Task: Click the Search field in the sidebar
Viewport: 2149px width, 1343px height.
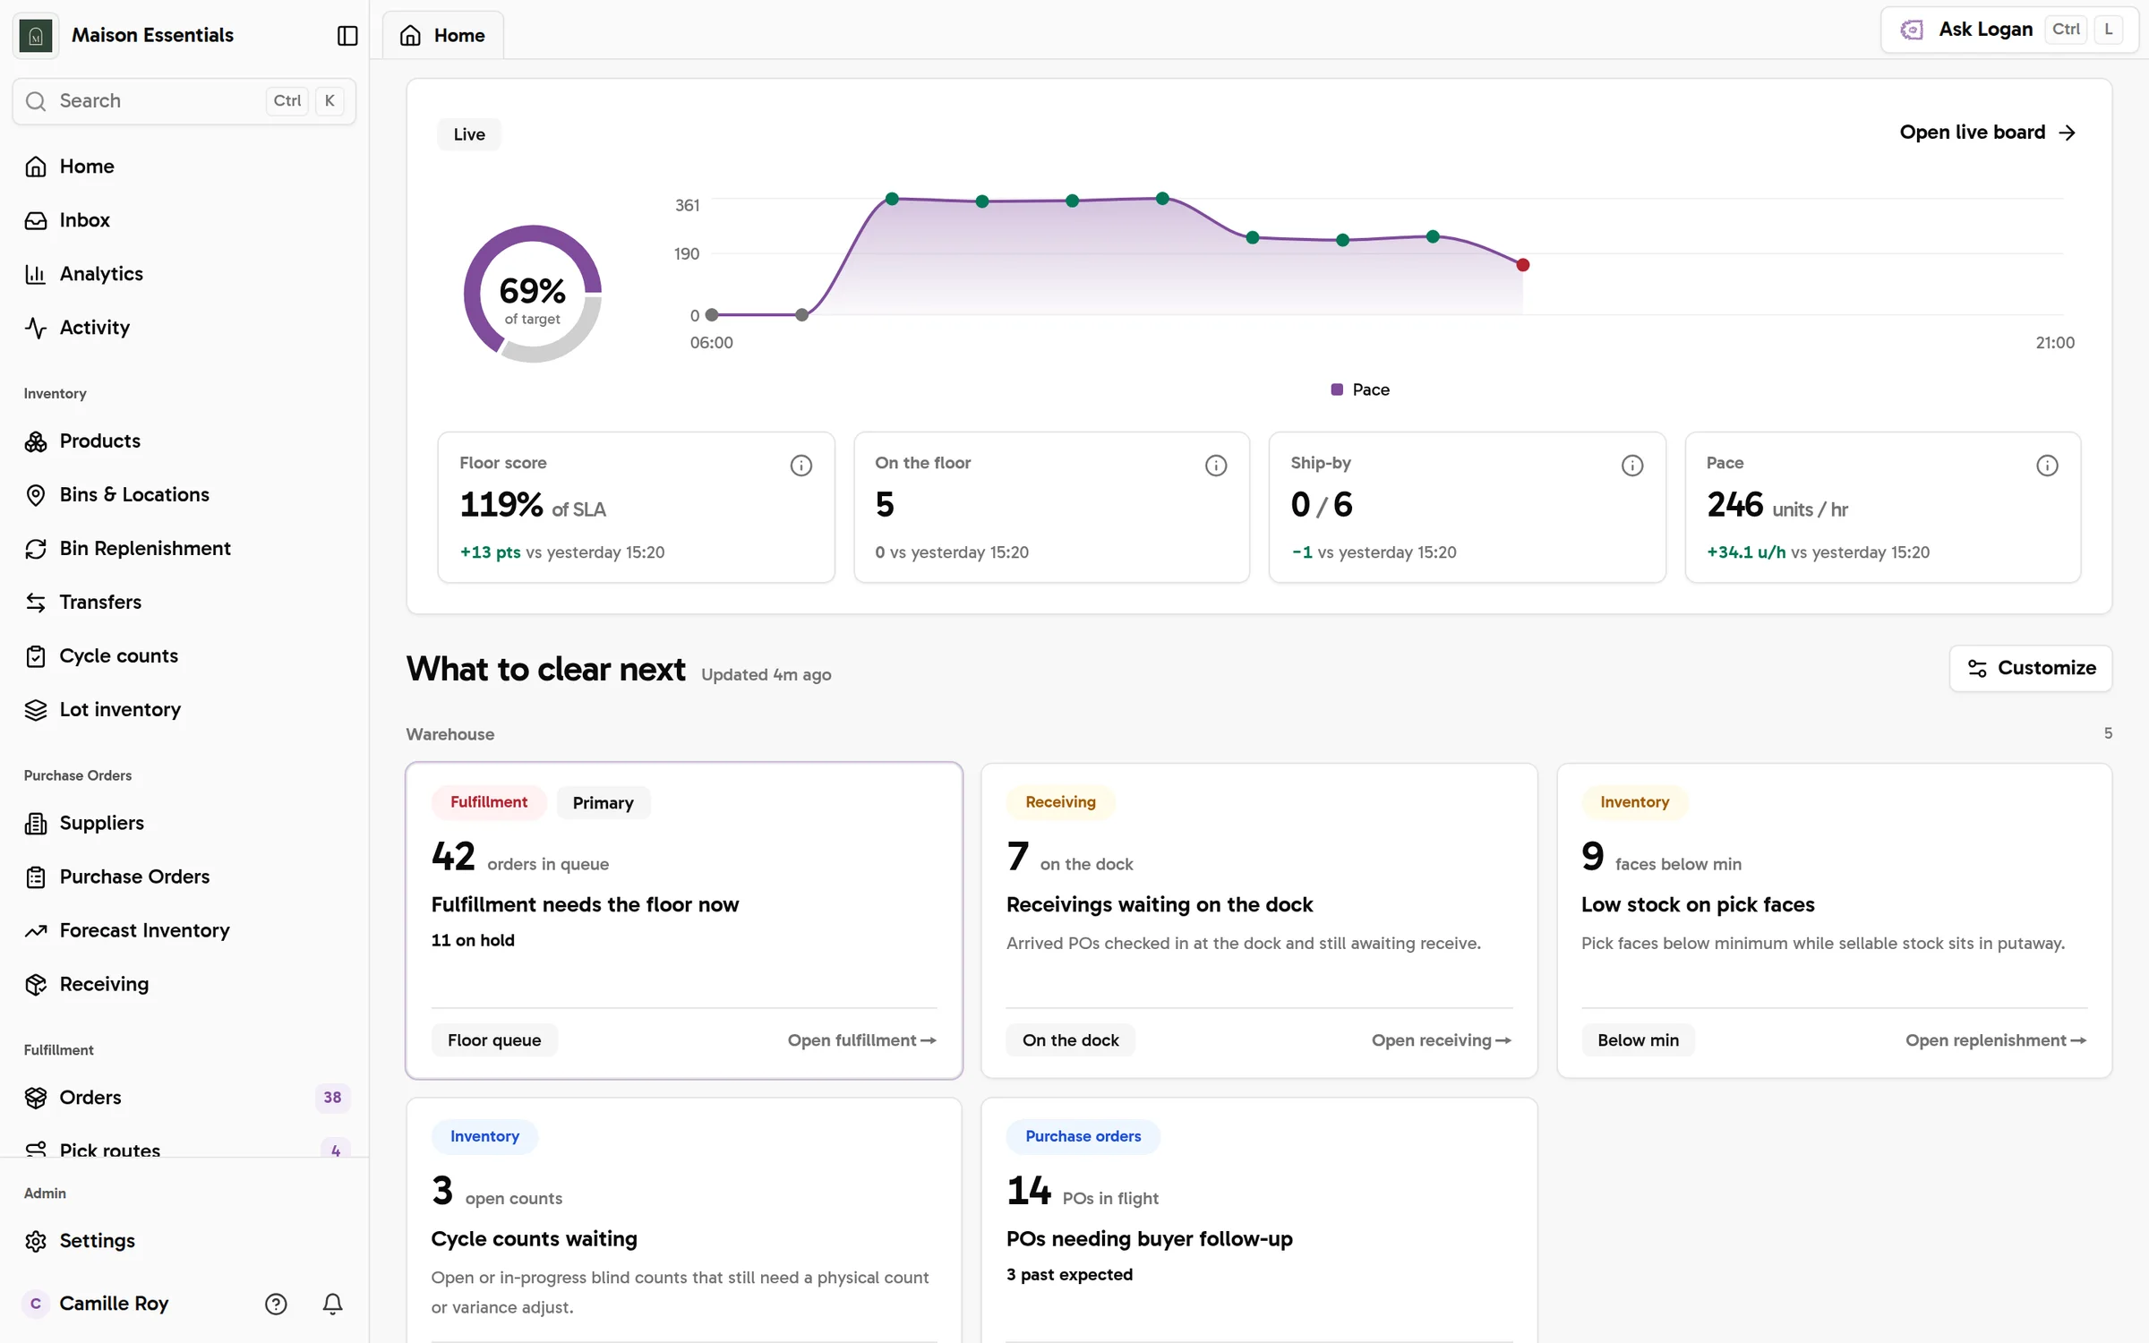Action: pyautogui.click(x=184, y=101)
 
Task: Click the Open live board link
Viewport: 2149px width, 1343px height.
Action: pyautogui.click(x=1987, y=133)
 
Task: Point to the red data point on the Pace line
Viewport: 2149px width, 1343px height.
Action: pyautogui.click(x=1522, y=265)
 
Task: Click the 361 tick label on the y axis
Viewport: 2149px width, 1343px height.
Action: pyautogui.click(x=687, y=205)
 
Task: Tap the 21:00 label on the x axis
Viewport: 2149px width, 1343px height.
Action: pyautogui.click(x=2054, y=343)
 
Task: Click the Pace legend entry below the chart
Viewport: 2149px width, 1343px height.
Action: pyautogui.click(x=1360, y=389)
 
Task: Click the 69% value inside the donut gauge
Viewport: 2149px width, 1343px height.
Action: pyautogui.click(x=532, y=290)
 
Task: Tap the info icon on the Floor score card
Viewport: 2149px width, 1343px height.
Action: pyautogui.click(x=801, y=466)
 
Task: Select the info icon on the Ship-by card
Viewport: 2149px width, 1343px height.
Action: pyautogui.click(x=1631, y=466)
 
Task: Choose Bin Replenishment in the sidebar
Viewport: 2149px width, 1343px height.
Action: pyautogui.click(x=144, y=549)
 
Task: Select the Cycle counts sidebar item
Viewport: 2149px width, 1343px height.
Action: pyautogui.click(x=118, y=656)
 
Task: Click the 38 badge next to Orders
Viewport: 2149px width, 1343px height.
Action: pyautogui.click(x=332, y=1098)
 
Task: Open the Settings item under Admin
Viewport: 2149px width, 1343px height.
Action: pyautogui.click(x=97, y=1241)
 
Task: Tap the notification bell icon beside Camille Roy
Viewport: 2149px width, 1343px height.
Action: pyautogui.click(x=332, y=1304)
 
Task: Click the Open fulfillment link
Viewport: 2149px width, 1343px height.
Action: pyautogui.click(x=861, y=1040)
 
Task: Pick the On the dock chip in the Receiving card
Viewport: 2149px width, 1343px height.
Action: pyautogui.click(x=1070, y=1040)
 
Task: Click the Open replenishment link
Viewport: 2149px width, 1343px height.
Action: pyautogui.click(x=1995, y=1040)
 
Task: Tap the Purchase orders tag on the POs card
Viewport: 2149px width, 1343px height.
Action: pyautogui.click(x=1083, y=1136)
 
